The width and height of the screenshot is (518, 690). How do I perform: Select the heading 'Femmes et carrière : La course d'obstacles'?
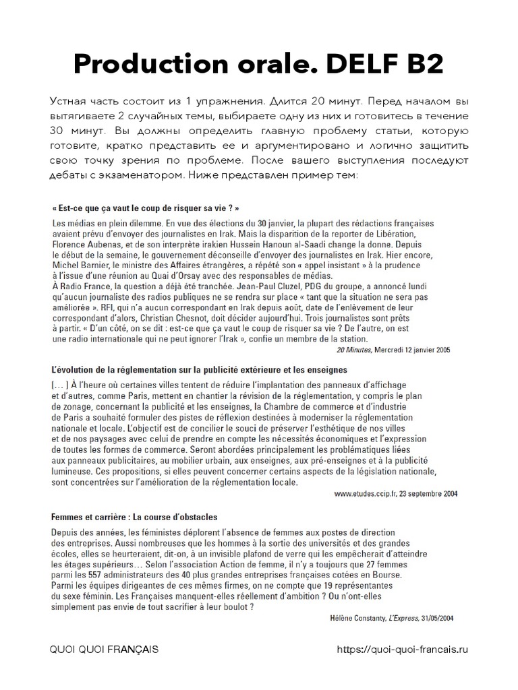point(134,517)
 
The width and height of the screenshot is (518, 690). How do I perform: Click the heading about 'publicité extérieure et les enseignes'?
point(199,370)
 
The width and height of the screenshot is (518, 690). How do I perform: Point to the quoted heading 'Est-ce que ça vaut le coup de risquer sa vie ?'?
point(145,209)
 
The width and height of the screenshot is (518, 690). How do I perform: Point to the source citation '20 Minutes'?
point(360,350)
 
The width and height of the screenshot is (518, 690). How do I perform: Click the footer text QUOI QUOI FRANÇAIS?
point(104,650)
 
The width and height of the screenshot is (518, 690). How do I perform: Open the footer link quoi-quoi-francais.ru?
point(401,650)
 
